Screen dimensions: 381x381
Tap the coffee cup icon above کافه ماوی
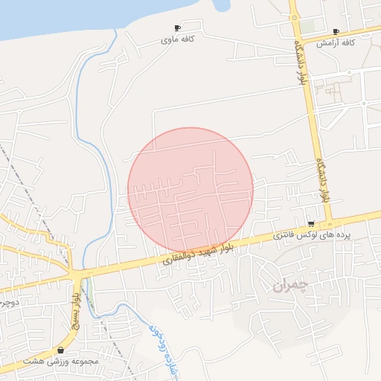[177, 28]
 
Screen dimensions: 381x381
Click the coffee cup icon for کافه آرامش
[336, 32]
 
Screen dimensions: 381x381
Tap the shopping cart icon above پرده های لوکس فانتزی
[310, 223]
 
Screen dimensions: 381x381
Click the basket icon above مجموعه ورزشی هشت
[60, 350]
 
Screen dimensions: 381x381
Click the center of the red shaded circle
[190, 190]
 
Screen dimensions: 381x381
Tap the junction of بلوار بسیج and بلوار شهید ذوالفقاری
[77, 273]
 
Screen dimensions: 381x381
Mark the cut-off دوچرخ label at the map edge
[7, 303]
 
